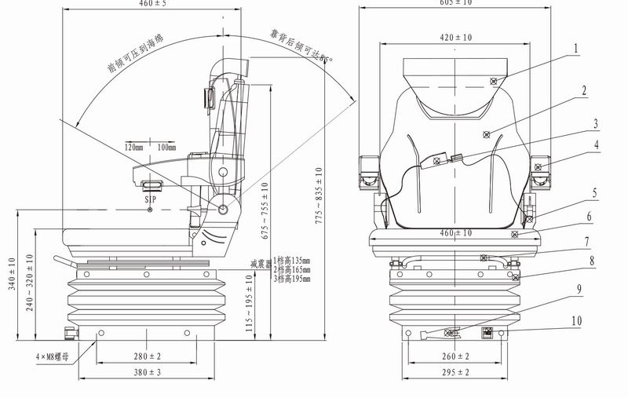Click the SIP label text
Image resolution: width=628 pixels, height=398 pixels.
(x=152, y=200)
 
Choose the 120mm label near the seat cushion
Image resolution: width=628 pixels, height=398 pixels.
(x=134, y=147)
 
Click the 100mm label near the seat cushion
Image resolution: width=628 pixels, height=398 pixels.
(x=166, y=147)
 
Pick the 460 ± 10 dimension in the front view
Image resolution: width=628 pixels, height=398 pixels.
(x=455, y=233)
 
